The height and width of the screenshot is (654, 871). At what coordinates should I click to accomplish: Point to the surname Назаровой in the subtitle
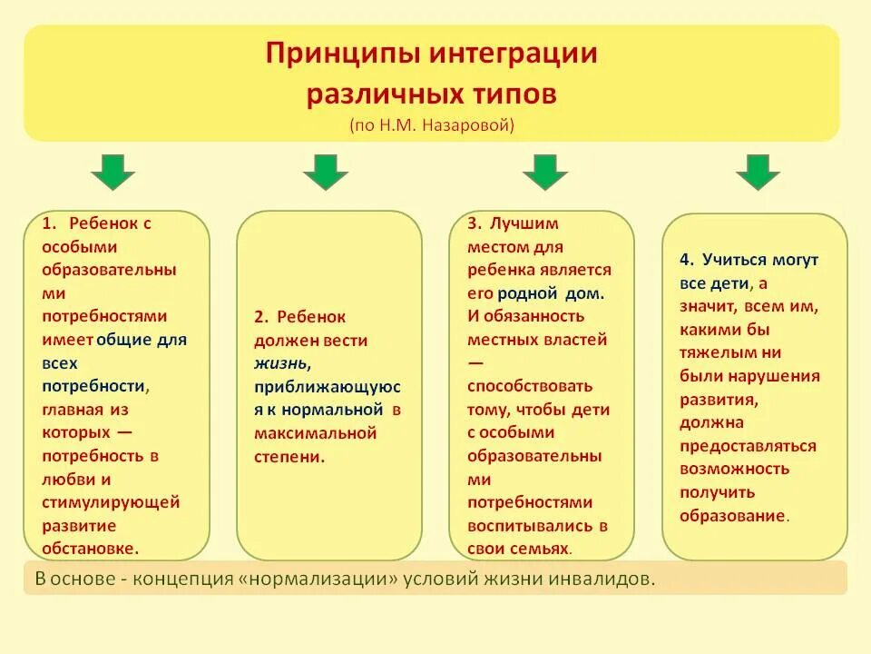pos(468,125)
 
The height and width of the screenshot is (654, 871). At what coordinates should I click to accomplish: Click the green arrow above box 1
pos(113,172)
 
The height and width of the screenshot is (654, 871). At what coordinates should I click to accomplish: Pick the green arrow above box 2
pos(326,172)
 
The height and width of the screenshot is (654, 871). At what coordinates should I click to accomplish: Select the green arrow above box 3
pos(544,172)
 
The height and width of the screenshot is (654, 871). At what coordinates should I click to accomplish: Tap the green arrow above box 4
pos(758,172)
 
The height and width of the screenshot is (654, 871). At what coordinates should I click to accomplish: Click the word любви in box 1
pos(66,478)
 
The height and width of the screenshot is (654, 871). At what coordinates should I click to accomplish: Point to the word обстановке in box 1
pos(89,548)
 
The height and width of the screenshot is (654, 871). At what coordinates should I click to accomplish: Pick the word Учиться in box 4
pos(731,259)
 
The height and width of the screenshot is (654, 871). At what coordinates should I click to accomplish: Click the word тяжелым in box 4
pos(714,352)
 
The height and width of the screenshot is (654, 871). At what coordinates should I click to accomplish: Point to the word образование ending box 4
pos(731,515)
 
